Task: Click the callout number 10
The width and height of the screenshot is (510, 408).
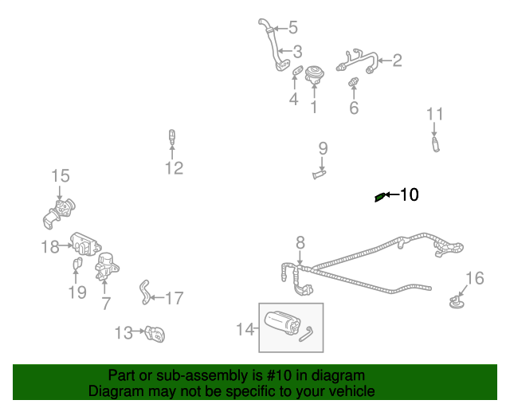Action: (x=409, y=194)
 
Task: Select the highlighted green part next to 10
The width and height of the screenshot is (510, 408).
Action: (x=380, y=198)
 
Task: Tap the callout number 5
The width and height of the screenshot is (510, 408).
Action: (x=292, y=28)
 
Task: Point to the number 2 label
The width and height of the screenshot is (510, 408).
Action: (x=397, y=60)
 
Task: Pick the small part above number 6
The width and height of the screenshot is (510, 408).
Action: (x=354, y=81)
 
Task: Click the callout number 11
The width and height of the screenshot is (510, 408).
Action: (x=434, y=114)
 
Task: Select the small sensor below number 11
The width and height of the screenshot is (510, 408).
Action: (x=435, y=144)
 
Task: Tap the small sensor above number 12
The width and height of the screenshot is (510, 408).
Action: (x=171, y=136)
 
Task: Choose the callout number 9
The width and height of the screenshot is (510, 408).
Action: (x=323, y=147)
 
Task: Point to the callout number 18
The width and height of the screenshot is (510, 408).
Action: (x=50, y=247)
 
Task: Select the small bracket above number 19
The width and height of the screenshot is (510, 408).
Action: (x=77, y=264)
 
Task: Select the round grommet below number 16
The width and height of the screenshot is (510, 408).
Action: (x=457, y=302)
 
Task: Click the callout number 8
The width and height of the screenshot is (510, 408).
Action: (x=300, y=241)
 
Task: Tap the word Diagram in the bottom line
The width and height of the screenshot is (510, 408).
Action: (x=116, y=391)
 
